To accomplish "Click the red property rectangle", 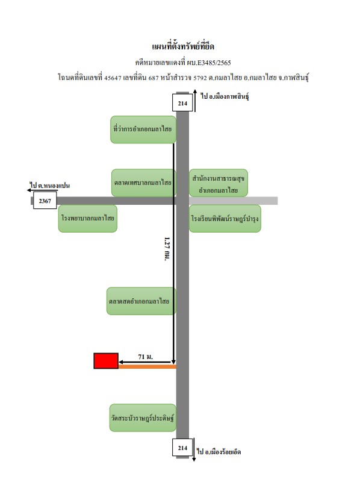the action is coord(106,361).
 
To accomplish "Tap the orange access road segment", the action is coord(147,367).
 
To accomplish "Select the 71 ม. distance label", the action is coord(146,357).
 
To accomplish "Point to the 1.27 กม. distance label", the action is coord(167,249).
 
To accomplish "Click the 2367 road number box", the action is coord(45,201).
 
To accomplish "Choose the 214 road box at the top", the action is coord(182,104).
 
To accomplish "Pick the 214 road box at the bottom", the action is coord(182,448).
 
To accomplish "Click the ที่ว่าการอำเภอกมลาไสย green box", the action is coord(143,130).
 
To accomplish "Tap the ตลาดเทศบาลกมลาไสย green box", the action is coord(144,183).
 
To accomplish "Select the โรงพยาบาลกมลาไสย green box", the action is coord(88,219).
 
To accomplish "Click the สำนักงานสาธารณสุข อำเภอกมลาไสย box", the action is coord(219,183).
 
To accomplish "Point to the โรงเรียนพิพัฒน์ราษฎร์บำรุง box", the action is coord(225,219).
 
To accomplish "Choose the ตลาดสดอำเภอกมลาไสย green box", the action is coord(141,301).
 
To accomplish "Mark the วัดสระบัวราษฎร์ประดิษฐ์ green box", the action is coord(143,418).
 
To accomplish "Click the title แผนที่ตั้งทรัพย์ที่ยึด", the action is coord(183,46).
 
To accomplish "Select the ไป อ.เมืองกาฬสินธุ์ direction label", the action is coord(225,96).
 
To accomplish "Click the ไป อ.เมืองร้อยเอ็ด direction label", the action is coord(219,452).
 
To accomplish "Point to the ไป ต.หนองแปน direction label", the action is coord(50,186).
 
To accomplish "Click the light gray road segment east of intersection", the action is coord(233,201).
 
